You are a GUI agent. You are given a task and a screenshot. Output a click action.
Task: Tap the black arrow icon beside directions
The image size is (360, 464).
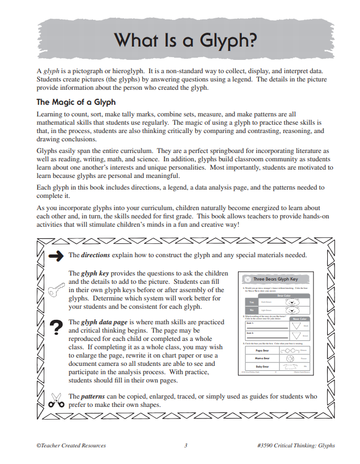tap(55, 256)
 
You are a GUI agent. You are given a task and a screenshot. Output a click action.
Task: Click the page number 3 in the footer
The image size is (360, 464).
tap(186, 445)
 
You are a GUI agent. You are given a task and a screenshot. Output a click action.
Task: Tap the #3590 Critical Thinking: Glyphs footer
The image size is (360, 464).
tap(296, 445)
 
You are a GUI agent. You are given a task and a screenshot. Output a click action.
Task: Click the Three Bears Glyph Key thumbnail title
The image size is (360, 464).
tap(276, 279)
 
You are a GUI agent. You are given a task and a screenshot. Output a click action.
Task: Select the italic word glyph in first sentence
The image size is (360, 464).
tap(51, 72)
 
